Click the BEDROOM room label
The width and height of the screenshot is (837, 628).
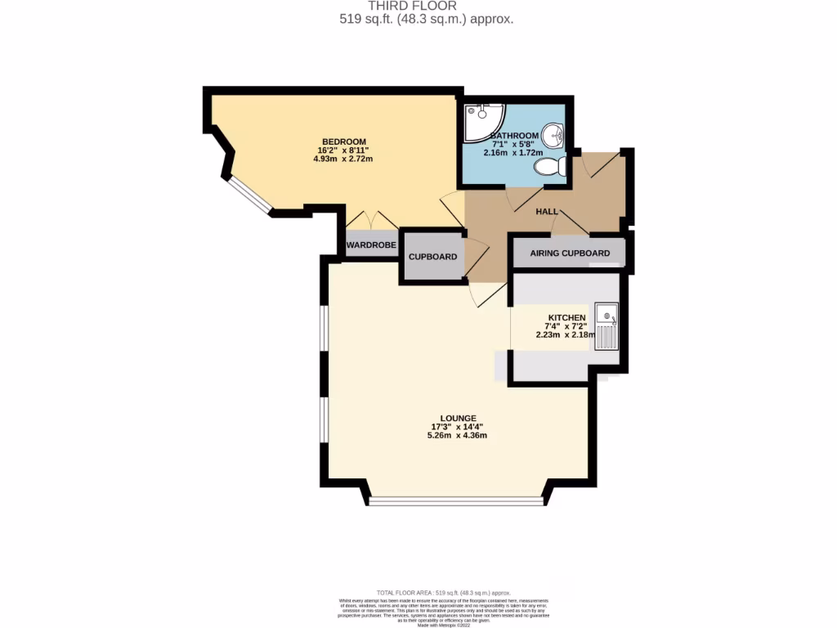pos(343,141)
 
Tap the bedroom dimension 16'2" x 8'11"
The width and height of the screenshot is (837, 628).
pos(343,150)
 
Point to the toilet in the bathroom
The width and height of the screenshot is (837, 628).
pos(549,167)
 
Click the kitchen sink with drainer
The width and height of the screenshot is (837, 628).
pos(607,326)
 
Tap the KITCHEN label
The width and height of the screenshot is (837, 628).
pos(566,317)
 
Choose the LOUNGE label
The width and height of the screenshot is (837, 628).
pos(458,417)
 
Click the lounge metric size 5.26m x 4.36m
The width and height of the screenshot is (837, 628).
pos(458,435)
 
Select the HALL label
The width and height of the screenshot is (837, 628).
pos(547,212)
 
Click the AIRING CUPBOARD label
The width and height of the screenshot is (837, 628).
pos(570,253)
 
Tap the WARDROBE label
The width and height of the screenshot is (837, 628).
pos(371,245)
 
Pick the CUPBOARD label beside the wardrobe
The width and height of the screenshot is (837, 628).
pos(432,257)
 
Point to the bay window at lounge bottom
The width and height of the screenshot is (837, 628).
pos(455,500)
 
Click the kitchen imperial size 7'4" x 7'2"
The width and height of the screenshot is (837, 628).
pos(566,325)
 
